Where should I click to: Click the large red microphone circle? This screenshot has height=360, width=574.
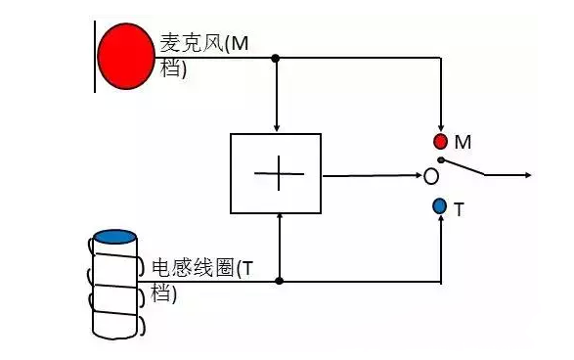[126, 56]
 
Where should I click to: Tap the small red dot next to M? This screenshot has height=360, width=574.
[440, 142]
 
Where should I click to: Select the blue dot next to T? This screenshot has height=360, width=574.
[439, 206]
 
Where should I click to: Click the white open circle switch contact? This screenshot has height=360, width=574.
[431, 176]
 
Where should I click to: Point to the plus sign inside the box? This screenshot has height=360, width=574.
[279, 173]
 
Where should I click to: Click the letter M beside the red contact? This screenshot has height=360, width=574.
[463, 142]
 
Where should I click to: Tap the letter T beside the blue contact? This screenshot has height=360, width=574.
[459, 210]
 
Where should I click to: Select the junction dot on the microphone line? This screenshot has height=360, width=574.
[276, 58]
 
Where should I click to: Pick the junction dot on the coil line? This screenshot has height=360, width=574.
[280, 281]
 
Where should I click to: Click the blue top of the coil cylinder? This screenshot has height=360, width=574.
[115, 237]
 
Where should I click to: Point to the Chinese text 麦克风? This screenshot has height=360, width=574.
[192, 43]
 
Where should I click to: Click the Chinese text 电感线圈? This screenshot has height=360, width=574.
[193, 268]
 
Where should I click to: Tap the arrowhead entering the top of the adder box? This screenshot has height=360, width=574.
[277, 128]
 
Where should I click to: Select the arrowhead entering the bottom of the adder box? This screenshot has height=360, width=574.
[280, 216]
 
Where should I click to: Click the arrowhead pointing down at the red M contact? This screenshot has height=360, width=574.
[441, 128]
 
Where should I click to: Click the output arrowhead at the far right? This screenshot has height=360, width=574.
[528, 175]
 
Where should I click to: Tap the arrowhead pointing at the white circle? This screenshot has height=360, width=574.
[419, 176]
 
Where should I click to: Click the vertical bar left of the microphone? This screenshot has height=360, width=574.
[95, 57]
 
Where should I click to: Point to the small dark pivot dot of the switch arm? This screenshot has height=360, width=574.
[441, 160]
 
